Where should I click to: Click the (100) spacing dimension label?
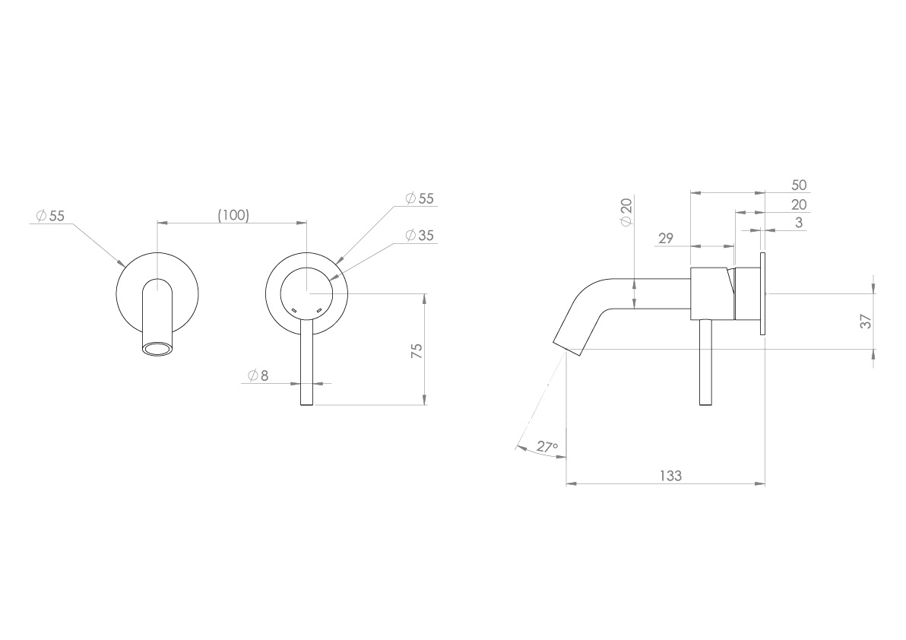(233, 215)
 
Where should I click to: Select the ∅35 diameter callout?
(420, 236)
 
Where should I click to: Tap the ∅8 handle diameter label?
(258, 375)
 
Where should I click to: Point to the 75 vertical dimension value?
(416, 351)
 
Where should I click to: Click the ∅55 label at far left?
(51, 216)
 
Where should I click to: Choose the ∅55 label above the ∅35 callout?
(420, 198)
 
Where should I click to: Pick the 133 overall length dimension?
(670, 476)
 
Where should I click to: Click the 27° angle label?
(546, 447)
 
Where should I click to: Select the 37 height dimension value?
(866, 322)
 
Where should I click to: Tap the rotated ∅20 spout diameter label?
(626, 211)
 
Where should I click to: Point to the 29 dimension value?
(666, 239)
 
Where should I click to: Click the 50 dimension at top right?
(798, 185)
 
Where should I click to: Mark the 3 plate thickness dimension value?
(799, 223)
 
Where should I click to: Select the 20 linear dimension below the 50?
(798, 204)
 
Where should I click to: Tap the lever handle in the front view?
(307, 365)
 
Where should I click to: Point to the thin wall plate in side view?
(762, 292)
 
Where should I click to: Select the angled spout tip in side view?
(570, 333)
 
